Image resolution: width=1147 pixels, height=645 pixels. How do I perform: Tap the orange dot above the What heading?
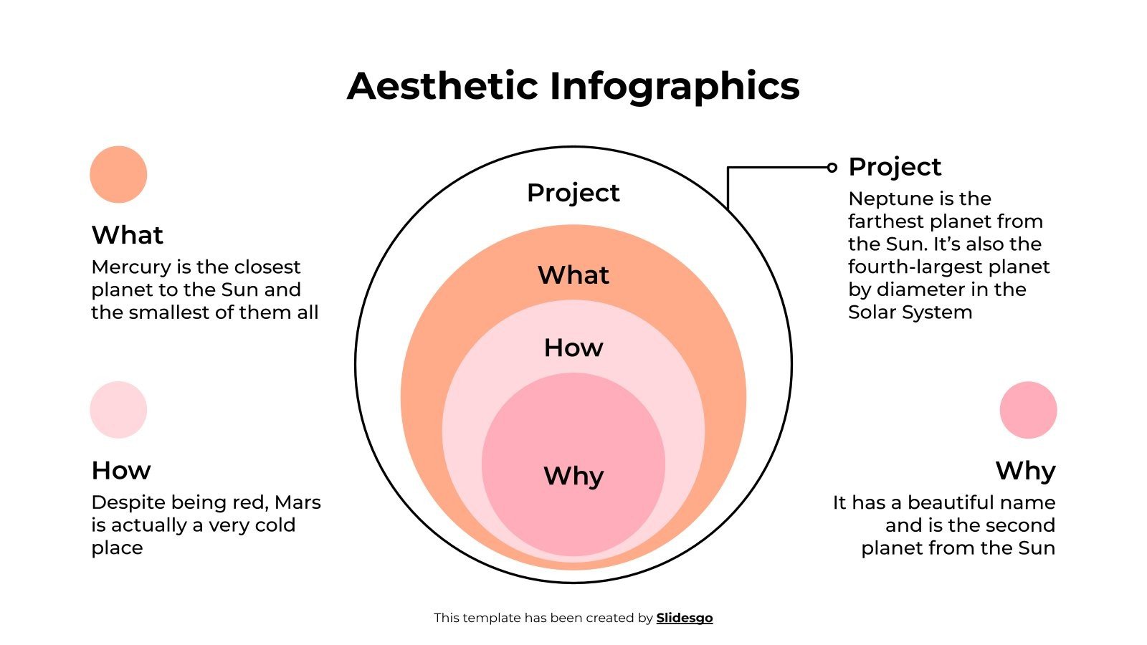point(118,174)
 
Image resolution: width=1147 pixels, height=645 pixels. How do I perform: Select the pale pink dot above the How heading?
point(118,409)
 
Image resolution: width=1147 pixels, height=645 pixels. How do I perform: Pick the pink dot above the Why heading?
point(1028,409)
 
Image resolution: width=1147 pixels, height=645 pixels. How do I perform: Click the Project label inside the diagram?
point(573,193)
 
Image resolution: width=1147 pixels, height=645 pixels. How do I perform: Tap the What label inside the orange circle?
point(573,275)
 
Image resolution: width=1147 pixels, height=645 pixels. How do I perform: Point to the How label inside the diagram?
point(573,348)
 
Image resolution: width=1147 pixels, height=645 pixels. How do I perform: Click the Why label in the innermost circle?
point(573,476)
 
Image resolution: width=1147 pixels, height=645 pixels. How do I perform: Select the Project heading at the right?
point(894,167)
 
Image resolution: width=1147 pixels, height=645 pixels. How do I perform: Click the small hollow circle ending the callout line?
point(832,168)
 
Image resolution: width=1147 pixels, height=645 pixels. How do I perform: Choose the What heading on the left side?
point(127,235)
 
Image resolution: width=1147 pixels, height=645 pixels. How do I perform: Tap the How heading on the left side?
point(120,470)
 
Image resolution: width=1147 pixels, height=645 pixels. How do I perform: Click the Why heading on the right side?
point(1025,470)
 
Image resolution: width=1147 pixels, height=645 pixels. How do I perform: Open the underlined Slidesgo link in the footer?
point(684,618)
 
